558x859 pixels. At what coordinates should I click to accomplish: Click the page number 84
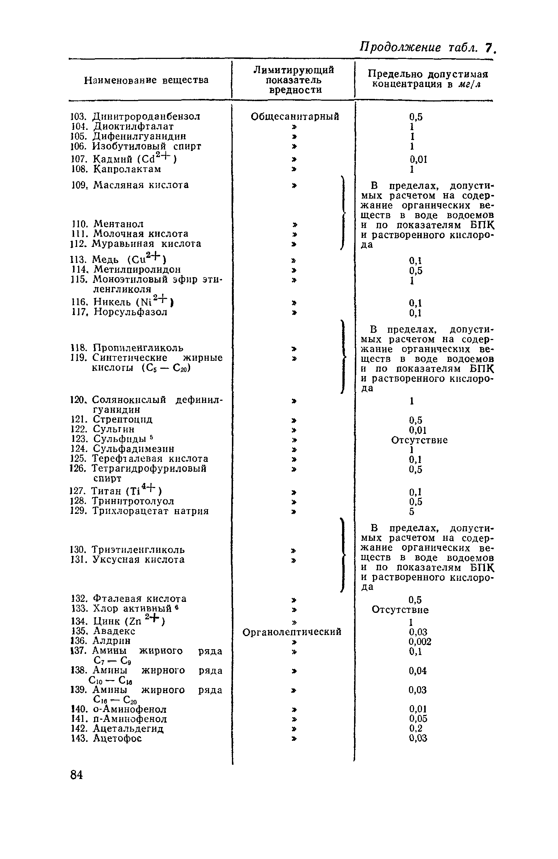pyautogui.click(x=76, y=775)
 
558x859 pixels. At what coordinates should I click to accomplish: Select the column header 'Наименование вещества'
pyautogui.click(x=146, y=80)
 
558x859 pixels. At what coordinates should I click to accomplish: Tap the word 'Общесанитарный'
pyautogui.click(x=295, y=117)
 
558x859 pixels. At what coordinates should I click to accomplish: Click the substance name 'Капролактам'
pyautogui.click(x=127, y=169)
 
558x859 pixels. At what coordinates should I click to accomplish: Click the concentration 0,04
pyautogui.click(x=418, y=670)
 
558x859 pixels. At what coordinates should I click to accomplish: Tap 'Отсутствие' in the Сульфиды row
pyautogui.click(x=419, y=440)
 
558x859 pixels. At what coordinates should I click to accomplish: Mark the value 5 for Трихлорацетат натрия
pyautogui.click(x=412, y=512)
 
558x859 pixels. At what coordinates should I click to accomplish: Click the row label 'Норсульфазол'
pyautogui.click(x=130, y=312)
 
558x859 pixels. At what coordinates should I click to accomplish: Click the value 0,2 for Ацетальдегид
pyautogui.click(x=416, y=728)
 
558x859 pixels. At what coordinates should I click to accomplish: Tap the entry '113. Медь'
pyautogui.click(x=118, y=259)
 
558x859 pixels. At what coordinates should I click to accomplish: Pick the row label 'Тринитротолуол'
pyautogui.click(x=133, y=502)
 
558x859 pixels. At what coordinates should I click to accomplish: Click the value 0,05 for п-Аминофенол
pyautogui.click(x=418, y=719)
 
